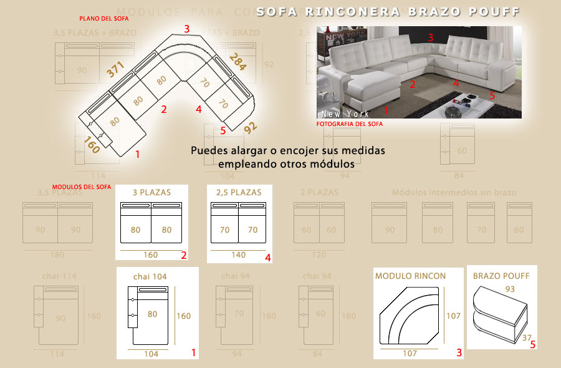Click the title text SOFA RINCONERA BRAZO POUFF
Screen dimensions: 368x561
(387, 11)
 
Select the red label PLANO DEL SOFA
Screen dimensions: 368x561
(104, 19)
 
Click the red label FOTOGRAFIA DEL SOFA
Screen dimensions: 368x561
(350, 124)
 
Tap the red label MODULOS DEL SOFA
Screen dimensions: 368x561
(82, 186)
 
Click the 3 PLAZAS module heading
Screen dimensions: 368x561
(151, 192)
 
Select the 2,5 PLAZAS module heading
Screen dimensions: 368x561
(239, 192)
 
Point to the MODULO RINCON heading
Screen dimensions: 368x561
(410, 276)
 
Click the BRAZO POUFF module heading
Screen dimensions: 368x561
(501, 275)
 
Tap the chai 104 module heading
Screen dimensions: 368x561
(150, 276)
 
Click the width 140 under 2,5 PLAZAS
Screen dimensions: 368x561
(238, 254)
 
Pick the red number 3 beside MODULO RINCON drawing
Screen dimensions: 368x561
(459, 353)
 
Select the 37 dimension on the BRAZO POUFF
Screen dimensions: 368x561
(527, 338)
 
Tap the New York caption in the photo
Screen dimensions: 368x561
(345, 114)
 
